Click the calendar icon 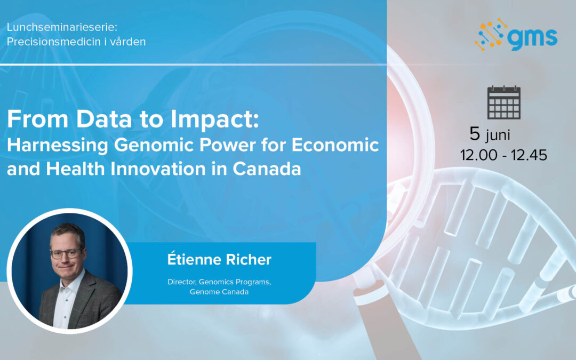pos(503,103)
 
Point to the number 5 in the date pos(475,134)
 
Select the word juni pos(498,136)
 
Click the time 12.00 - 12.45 pos(503,155)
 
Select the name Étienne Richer pos(219,260)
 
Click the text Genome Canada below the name pos(219,292)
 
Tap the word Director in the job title pos(183,282)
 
